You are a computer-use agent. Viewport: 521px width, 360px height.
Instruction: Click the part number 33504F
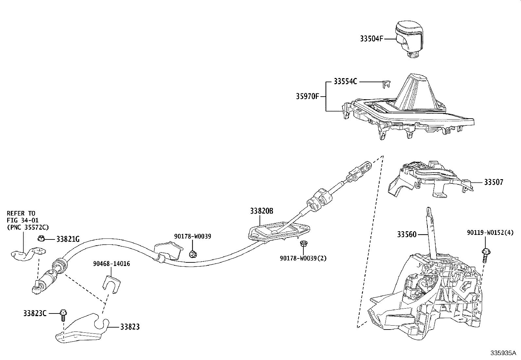click(x=371, y=39)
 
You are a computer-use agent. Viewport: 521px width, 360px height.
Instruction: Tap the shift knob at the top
click(x=409, y=39)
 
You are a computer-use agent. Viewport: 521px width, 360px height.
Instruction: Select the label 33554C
click(x=345, y=82)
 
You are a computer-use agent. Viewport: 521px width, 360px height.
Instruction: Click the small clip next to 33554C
click(x=386, y=85)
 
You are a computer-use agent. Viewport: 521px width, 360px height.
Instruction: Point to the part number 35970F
click(x=308, y=96)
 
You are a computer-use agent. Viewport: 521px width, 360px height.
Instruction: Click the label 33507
click(x=494, y=182)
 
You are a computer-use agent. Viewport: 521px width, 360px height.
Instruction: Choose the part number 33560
click(x=406, y=235)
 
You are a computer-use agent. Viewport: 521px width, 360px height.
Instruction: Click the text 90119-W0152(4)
click(x=490, y=233)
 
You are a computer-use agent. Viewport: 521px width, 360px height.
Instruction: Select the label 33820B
click(x=262, y=211)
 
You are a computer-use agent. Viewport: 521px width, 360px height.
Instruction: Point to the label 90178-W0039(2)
click(x=303, y=258)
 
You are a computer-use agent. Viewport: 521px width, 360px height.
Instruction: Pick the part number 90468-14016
click(x=111, y=264)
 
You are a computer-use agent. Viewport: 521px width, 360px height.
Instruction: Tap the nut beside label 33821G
click(x=41, y=238)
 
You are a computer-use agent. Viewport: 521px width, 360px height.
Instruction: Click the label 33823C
click(x=35, y=313)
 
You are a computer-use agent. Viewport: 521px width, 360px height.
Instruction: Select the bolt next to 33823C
click(x=63, y=315)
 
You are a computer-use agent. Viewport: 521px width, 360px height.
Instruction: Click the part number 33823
click(x=130, y=327)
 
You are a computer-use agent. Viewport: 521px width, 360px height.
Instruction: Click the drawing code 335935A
click(x=503, y=353)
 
